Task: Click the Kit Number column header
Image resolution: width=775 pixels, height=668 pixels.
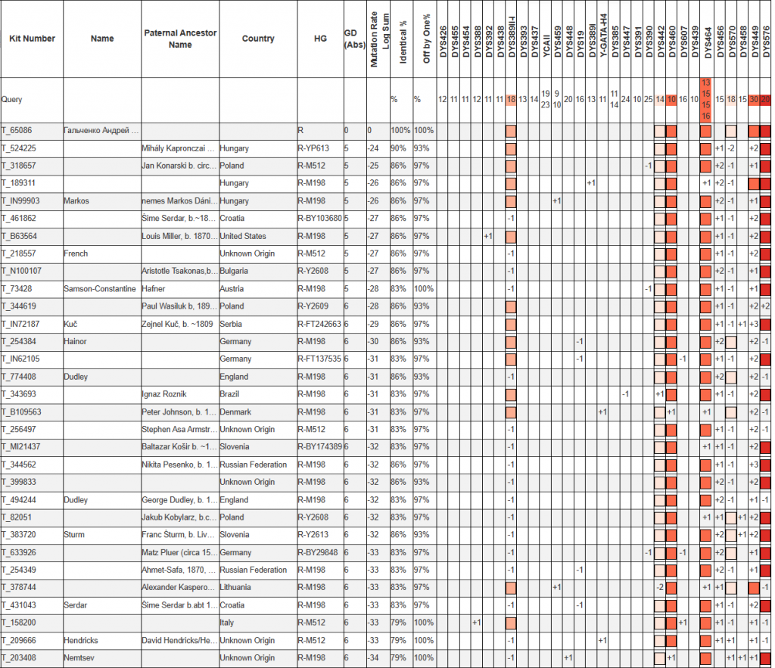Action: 32,39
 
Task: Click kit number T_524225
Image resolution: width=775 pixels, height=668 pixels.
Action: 21,148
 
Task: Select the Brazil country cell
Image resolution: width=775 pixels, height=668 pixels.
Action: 230,394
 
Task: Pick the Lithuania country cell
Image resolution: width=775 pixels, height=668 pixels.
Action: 237,587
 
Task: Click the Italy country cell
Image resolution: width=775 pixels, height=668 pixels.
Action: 227,623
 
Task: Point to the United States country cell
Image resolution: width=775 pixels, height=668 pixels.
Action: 243,236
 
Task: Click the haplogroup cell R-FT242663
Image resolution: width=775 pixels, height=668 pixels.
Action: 319,324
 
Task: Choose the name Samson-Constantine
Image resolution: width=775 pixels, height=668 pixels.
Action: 100,289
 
